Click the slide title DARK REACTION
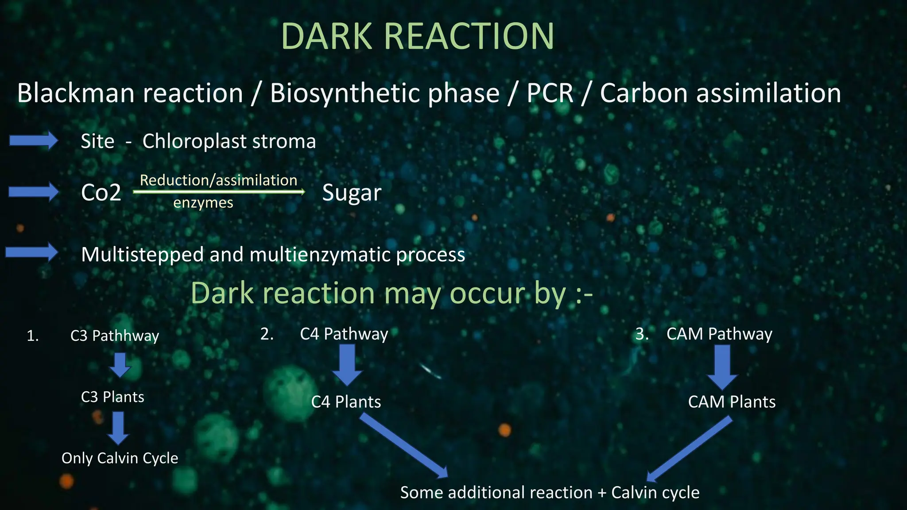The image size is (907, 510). click(x=417, y=36)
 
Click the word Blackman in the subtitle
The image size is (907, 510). click(x=75, y=93)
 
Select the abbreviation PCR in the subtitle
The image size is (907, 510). click(x=550, y=93)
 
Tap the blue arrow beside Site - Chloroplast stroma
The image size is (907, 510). click(x=34, y=141)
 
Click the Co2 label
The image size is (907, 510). click(x=101, y=193)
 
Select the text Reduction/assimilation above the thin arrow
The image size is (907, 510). click(x=218, y=180)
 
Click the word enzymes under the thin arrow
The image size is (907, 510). click(x=203, y=203)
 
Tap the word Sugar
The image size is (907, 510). click(x=352, y=193)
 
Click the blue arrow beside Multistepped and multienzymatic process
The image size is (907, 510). click(x=32, y=252)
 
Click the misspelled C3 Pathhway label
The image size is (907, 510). click(x=114, y=336)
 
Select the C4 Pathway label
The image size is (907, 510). click(x=344, y=334)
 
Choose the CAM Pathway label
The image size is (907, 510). click(x=719, y=334)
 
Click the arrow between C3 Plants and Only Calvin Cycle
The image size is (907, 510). click(x=118, y=428)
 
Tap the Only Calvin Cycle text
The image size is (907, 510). click(x=120, y=458)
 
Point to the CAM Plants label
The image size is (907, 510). click(x=732, y=402)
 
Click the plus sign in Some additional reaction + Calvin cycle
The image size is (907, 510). click(x=601, y=493)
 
